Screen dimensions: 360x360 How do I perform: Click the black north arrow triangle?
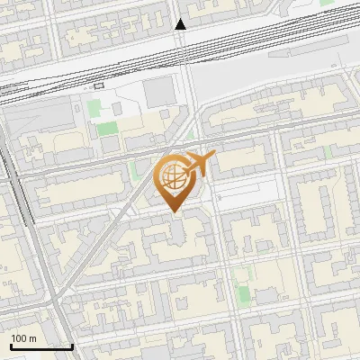tap(181, 24)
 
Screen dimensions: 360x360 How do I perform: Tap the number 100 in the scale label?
tap(19, 338)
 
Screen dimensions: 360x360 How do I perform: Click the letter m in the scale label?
tap(32, 338)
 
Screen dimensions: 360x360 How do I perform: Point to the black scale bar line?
tap(41, 346)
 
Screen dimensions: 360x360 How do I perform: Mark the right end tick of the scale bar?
tap(72, 345)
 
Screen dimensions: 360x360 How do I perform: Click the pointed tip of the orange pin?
tap(175, 212)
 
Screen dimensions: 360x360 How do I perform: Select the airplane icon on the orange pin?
tap(200, 162)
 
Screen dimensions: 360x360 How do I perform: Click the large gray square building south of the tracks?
tap(159, 91)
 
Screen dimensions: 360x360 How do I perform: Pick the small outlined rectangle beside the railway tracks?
tap(98, 85)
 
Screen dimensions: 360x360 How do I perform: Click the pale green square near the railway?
tap(94, 109)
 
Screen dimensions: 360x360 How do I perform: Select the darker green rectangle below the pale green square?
tap(108, 128)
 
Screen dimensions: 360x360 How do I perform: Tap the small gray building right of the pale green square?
tap(117, 109)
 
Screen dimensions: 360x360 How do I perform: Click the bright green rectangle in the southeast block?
tap(241, 286)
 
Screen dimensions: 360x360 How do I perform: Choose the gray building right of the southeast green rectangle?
tap(267, 296)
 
